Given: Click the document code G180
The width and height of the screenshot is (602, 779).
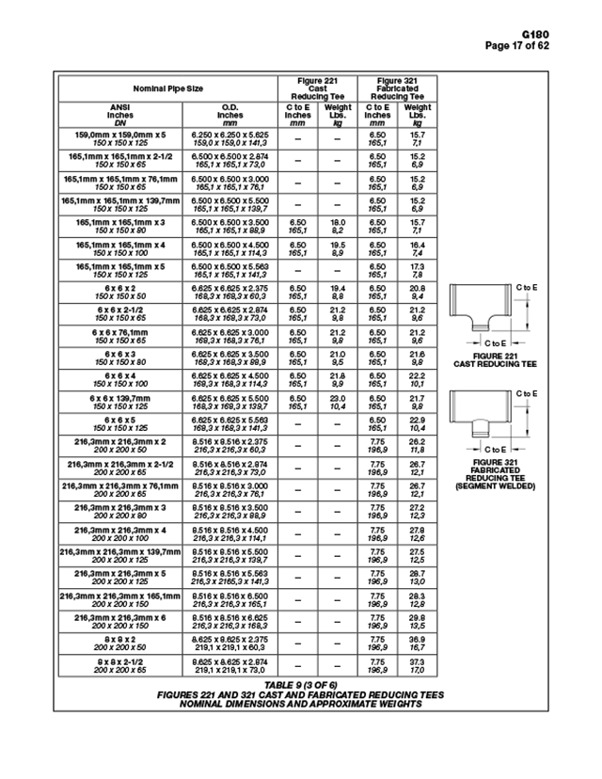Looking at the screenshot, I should (x=566, y=34).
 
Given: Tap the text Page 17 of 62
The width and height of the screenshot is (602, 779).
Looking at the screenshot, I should (x=543, y=45).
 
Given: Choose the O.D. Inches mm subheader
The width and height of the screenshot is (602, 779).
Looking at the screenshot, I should (x=230, y=115).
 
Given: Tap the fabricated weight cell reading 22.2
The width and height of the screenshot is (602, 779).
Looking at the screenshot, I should (x=418, y=375).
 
